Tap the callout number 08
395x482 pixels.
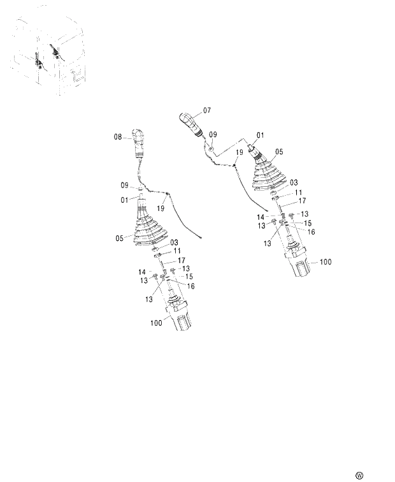(118, 136)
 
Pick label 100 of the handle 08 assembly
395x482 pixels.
(156, 323)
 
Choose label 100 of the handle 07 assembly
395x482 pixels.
(326, 262)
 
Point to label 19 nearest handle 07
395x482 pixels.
(240, 153)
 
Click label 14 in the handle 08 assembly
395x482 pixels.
(143, 272)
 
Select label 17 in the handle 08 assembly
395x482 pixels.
(182, 260)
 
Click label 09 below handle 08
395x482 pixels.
(126, 186)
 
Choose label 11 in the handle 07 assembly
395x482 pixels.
(298, 192)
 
